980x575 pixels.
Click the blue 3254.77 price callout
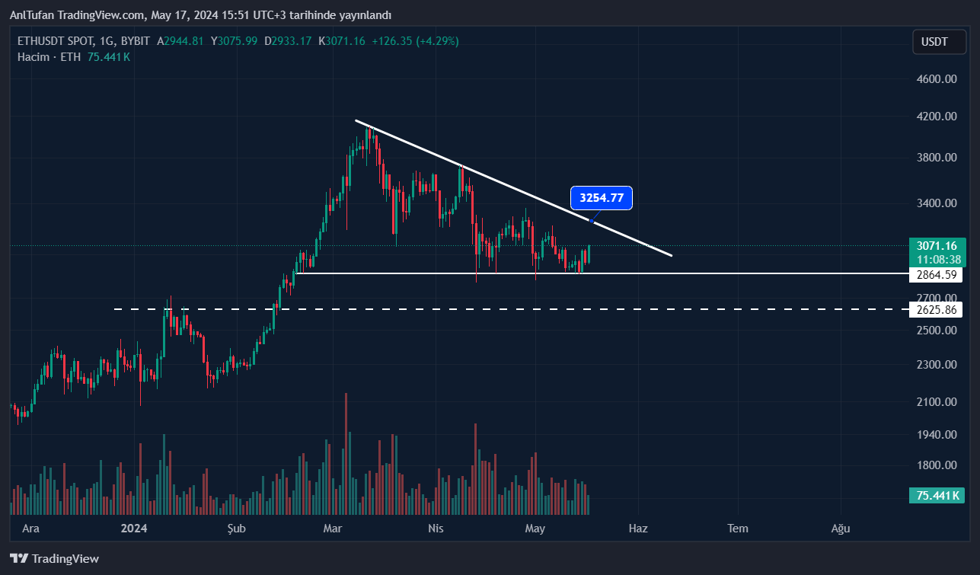(x=602, y=198)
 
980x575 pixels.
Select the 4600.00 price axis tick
(x=936, y=78)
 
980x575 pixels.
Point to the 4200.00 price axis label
(x=936, y=117)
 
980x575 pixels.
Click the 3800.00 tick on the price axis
(x=936, y=158)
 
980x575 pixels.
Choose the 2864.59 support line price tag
(x=936, y=275)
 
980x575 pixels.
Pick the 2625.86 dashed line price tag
(x=936, y=309)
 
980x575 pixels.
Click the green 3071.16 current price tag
(x=937, y=246)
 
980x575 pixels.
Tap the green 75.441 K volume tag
(x=937, y=496)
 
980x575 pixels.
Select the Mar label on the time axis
(x=332, y=529)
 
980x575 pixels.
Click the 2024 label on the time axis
(x=133, y=529)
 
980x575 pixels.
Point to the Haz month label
(x=637, y=529)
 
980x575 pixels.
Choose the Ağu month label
(x=840, y=529)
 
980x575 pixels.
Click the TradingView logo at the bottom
(x=55, y=559)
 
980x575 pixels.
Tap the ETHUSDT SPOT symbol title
(x=58, y=41)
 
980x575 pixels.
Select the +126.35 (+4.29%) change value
(x=415, y=41)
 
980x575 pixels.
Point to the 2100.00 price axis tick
(x=936, y=402)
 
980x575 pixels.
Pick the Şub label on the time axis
(x=237, y=529)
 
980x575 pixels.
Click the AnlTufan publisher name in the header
(x=31, y=15)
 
